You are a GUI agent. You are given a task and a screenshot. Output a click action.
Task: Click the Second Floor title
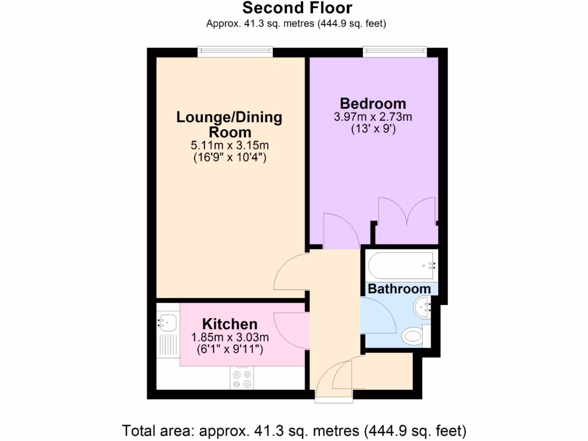[x=297, y=8]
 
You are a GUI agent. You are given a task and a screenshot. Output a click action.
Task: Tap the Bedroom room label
[x=373, y=104]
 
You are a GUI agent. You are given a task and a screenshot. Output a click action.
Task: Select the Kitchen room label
[x=230, y=324]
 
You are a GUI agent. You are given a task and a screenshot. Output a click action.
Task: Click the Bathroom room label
[x=399, y=289]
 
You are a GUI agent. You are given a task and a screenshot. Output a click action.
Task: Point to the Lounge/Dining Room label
[x=229, y=125]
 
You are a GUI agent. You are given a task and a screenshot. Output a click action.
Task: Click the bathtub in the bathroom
[x=402, y=265]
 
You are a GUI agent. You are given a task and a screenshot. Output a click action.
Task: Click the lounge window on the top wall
[x=235, y=52]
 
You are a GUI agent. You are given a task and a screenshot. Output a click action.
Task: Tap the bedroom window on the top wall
[x=394, y=52]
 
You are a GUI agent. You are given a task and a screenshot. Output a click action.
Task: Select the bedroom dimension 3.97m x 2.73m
[x=373, y=117]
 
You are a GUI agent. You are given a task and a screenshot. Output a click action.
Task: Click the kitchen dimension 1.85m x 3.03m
[x=230, y=337]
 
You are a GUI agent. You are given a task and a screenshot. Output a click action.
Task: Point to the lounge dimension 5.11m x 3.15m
[x=229, y=146]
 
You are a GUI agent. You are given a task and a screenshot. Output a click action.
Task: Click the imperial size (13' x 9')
[x=373, y=129]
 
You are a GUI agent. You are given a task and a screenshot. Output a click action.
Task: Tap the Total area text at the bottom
[x=294, y=430]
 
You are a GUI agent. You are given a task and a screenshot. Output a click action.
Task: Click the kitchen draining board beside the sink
[x=167, y=345]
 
